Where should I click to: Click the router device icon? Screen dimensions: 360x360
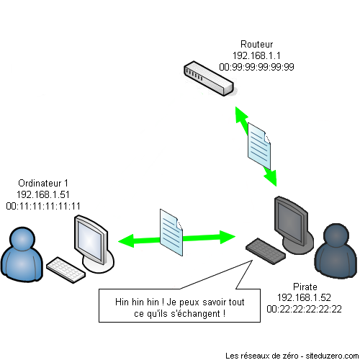click(209, 79)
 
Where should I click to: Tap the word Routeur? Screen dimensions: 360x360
click(256, 44)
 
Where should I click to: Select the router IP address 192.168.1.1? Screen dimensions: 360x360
click(256, 55)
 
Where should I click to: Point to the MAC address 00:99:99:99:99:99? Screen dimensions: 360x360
click(256, 66)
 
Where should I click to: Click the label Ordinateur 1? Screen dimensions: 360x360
click(42, 184)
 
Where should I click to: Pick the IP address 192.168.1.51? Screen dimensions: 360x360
click(42, 194)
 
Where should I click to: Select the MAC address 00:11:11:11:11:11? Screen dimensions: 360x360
click(42, 205)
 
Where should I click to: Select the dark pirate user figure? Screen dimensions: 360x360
click(336, 248)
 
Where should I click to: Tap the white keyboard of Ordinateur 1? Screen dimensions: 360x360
click(67, 267)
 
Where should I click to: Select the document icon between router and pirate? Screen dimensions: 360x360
click(260, 145)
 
